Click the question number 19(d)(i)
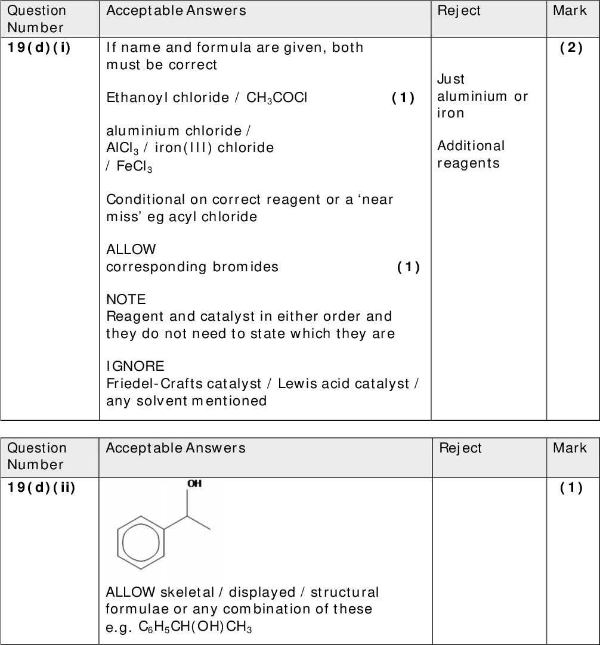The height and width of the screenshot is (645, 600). (39, 48)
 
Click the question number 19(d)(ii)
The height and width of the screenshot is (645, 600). (41, 488)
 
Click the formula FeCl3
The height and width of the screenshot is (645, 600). (134, 168)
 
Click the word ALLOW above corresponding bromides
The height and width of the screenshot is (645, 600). (131, 249)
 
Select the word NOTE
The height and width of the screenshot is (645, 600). (126, 299)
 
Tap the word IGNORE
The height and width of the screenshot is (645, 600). (135, 365)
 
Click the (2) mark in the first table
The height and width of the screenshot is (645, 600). (571, 48)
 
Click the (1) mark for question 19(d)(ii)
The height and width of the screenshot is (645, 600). (571, 488)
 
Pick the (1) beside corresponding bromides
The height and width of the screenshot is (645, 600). (409, 267)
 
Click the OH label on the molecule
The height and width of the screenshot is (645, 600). (194, 484)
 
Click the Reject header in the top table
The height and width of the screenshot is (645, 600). (459, 11)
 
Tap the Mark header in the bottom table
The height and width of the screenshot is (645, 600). (570, 448)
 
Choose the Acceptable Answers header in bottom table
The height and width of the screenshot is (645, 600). (175, 448)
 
